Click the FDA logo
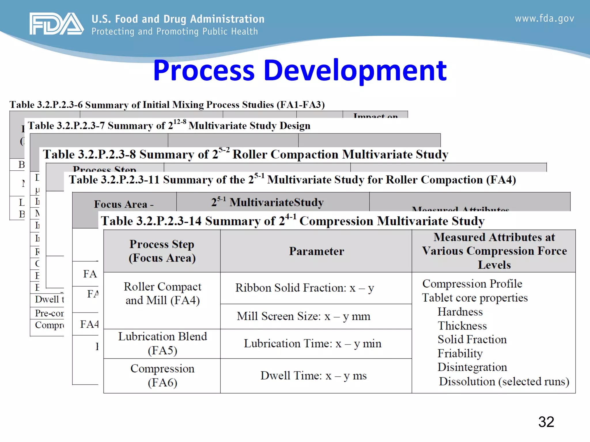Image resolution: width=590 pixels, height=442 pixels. [x=56, y=24]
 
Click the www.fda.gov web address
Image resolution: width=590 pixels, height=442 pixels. [x=544, y=18]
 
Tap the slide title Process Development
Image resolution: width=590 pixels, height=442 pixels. [x=300, y=70]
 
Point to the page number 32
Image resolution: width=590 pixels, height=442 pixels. [x=546, y=422]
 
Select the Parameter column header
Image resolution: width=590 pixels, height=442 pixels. [x=316, y=251]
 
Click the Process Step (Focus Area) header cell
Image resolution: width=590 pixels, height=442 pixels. [x=162, y=251]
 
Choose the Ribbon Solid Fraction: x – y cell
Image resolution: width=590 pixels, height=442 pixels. [x=305, y=288]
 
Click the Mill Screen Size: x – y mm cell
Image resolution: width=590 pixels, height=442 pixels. [x=303, y=316]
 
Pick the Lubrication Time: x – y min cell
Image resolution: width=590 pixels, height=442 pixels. [x=312, y=344]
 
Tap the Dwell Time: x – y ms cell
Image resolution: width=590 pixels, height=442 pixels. [x=313, y=376]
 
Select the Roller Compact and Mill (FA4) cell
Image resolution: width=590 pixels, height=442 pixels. [x=162, y=294]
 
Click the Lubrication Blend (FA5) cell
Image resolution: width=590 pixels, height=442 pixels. [x=162, y=343]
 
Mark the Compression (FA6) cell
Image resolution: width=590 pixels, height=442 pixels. [x=162, y=376]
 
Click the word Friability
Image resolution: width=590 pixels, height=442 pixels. [x=460, y=353]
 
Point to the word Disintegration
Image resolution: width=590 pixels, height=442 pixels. [x=472, y=367]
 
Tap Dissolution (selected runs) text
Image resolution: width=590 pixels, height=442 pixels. [x=504, y=381]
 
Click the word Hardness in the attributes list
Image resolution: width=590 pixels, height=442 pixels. [x=460, y=312]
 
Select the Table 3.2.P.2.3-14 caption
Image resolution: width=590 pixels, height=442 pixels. [x=292, y=221]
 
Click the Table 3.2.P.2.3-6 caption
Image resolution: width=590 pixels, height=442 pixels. [x=167, y=104]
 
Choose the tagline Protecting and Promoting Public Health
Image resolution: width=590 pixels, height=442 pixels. [x=175, y=31]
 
